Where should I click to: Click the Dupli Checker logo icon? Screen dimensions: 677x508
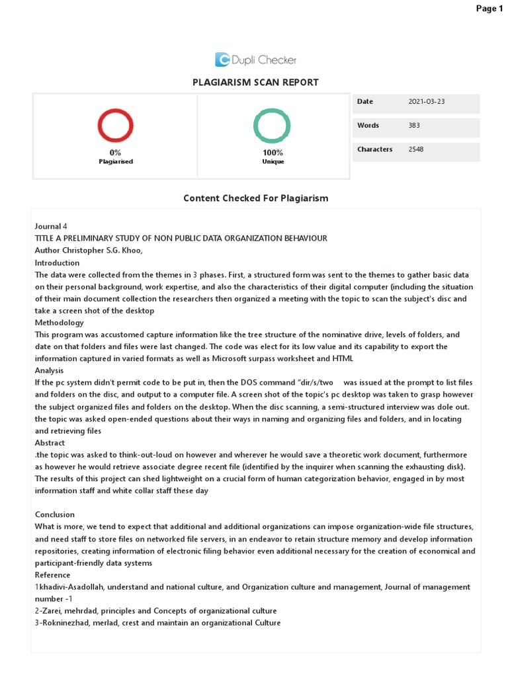[222, 60]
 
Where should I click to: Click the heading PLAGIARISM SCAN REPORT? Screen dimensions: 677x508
[255, 83]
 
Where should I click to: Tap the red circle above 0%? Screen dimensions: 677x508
[116, 126]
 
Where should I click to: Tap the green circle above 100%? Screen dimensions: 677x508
[272, 126]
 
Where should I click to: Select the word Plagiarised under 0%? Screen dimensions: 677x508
[116, 161]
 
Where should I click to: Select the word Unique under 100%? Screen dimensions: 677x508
[273, 161]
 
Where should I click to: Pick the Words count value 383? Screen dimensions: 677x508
[415, 126]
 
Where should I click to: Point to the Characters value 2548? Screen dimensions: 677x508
[416, 149]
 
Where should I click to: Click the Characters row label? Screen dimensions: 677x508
[375, 149]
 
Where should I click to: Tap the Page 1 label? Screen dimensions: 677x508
[489, 8]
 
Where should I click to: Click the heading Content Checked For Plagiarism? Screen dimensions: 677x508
[255, 198]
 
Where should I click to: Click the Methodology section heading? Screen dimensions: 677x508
[60, 323]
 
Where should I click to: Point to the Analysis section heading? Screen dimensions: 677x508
[50, 371]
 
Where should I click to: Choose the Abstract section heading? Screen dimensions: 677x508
[50, 443]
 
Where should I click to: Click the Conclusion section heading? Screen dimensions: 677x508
[55, 514]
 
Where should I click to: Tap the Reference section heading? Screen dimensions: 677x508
[53, 575]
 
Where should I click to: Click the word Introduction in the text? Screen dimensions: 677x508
[57, 262]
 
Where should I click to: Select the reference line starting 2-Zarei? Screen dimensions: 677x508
[155, 611]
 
